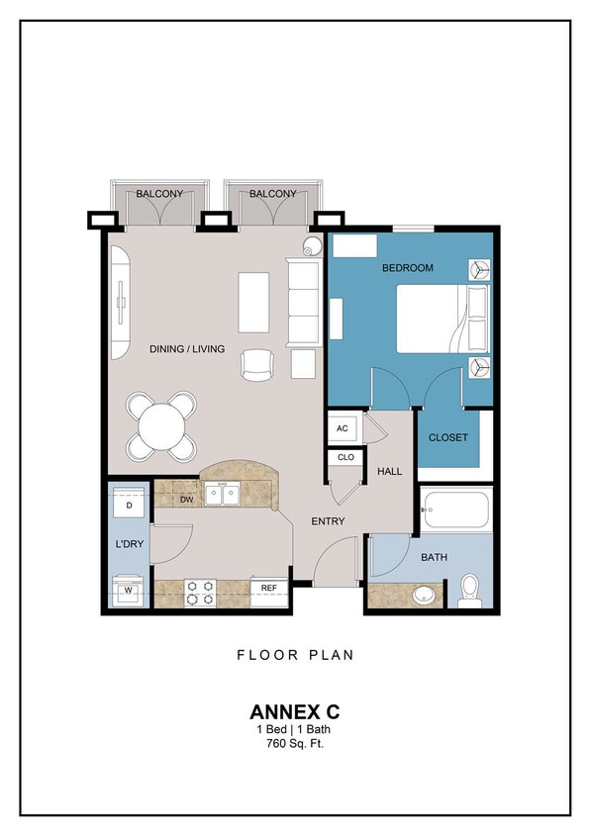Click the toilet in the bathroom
coord(469,590)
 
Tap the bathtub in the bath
coord(455,510)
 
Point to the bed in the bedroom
coord(442,319)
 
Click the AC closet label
coord(343,428)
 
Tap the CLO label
coord(344,458)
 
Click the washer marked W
coord(129,592)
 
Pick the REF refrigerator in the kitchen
coord(268,588)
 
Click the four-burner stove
coord(202,593)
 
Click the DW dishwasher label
coord(186,500)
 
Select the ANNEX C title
coord(294,711)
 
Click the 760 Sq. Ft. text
coord(294,743)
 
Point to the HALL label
coord(390,471)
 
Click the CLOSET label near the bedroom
coord(447,437)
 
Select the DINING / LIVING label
coord(187,349)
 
